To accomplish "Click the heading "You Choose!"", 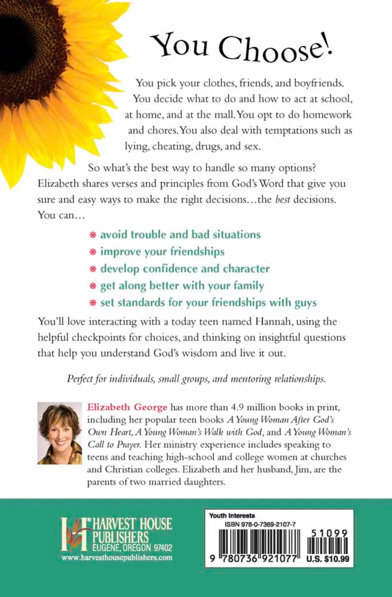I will click(241, 47).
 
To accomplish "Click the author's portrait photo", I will click(60, 433).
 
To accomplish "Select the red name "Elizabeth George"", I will click(127, 407).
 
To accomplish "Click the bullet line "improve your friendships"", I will click(162, 251).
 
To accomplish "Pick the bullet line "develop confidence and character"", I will click(185, 268).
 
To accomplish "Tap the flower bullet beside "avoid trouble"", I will click(93, 235).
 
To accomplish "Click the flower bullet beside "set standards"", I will click(93, 303).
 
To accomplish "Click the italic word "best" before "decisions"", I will click(282, 199).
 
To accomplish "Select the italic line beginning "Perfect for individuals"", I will click(196, 379).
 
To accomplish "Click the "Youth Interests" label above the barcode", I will click(232, 515).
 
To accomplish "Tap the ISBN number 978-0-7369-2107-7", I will click(260, 524).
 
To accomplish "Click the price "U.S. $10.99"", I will click(327, 559).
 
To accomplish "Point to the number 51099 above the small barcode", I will click(329, 533).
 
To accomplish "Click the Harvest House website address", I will click(117, 557).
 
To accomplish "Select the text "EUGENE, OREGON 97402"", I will click(132, 548).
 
